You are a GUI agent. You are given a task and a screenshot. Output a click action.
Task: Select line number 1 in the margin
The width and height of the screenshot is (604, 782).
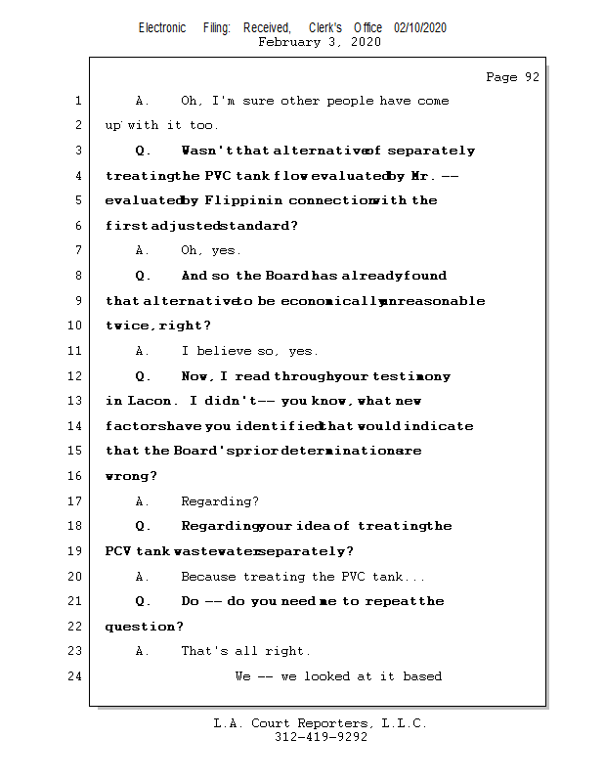coord(78,101)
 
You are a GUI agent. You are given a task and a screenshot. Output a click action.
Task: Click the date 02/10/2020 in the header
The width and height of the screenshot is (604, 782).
coord(420,28)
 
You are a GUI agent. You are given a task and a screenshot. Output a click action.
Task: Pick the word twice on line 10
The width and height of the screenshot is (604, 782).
coord(127,326)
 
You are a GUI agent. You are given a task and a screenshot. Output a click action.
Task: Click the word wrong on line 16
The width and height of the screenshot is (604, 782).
coord(128,476)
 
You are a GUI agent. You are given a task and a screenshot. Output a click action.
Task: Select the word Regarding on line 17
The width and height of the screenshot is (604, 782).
coord(220,501)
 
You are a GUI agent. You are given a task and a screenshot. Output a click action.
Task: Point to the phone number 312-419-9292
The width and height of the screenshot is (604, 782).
coord(321,737)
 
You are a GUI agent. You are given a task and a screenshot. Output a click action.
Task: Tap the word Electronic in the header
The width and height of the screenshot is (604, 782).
coord(162,28)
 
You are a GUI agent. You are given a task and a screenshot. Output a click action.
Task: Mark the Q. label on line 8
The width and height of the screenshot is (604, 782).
coord(143,276)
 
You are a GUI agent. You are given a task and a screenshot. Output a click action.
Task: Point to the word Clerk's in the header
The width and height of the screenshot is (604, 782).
coord(324,28)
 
